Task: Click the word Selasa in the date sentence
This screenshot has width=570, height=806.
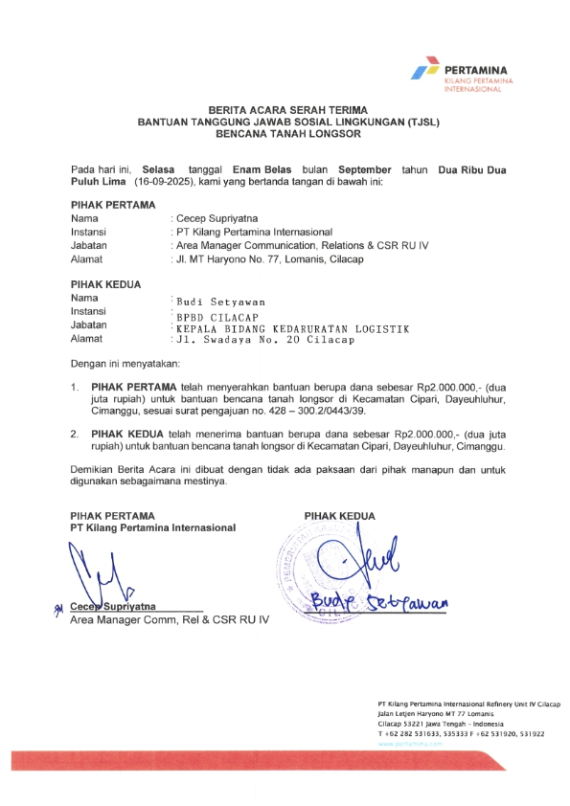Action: [x=161, y=168]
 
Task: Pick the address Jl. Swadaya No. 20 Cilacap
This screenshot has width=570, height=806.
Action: [x=264, y=340]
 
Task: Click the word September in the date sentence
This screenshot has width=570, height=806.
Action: [x=366, y=168]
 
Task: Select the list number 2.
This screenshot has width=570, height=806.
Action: [x=75, y=434]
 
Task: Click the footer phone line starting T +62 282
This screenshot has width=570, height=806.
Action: [x=461, y=734]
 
